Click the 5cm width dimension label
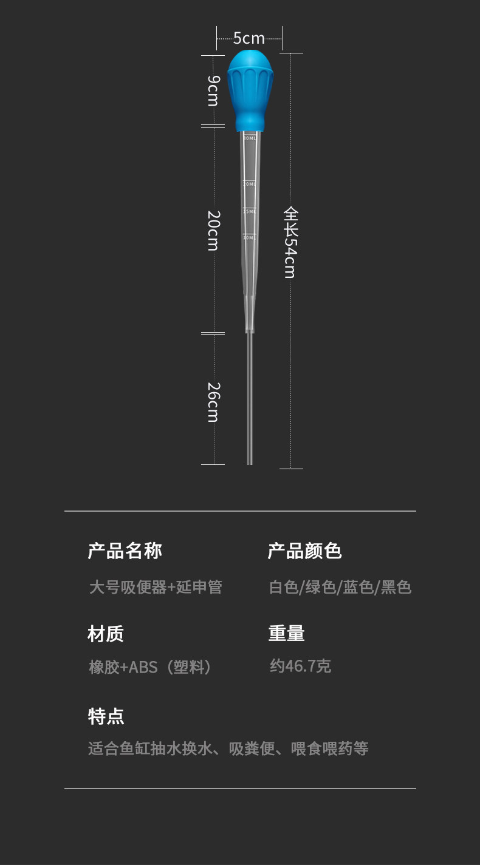[x=249, y=38]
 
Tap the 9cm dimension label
[x=213, y=90]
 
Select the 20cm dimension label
[x=213, y=230]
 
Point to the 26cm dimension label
[x=213, y=401]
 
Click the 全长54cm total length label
[x=290, y=242]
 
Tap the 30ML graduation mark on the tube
[x=250, y=138]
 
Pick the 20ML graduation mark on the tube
[x=249, y=183]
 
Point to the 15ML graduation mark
[x=249, y=211]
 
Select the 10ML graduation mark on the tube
[x=249, y=237]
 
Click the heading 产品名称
[x=125, y=551]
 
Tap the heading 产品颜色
[x=304, y=551]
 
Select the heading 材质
[x=106, y=634]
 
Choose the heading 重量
[x=286, y=634]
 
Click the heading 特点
[x=106, y=716]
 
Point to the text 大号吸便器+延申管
[x=156, y=588]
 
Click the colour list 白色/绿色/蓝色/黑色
[x=340, y=588]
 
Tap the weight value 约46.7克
[x=300, y=666]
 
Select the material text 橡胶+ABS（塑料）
[x=151, y=667]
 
